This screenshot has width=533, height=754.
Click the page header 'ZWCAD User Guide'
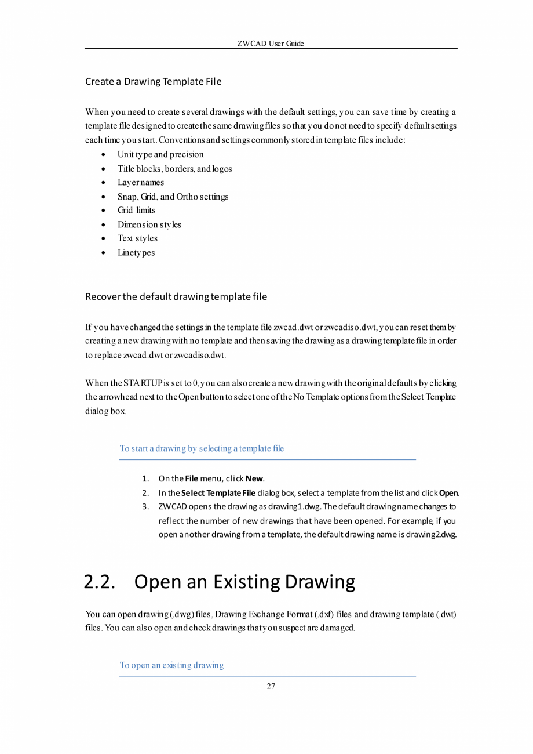tap(271, 43)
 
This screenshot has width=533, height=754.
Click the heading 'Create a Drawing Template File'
tap(153, 81)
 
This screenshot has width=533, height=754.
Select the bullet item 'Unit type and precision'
tap(160, 155)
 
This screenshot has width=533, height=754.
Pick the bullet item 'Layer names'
tap(140, 183)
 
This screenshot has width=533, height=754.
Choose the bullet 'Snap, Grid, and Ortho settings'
tap(173, 197)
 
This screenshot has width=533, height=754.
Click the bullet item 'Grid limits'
tap(136, 211)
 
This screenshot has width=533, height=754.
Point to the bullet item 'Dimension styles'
tap(149, 224)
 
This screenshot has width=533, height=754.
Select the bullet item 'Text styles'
tap(137, 238)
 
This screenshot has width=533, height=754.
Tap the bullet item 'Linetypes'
tap(136, 252)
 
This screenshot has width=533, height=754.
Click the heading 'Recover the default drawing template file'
tap(176, 297)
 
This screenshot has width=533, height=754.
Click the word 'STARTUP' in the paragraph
tap(143, 383)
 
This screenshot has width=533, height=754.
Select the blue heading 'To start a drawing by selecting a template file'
tap(202, 448)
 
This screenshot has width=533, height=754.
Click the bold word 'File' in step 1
tap(191, 479)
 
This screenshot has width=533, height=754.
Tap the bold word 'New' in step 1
tap(254, 479)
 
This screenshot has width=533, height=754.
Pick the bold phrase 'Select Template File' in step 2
tap(218, 493)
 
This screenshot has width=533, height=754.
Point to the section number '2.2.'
tap(100, 582)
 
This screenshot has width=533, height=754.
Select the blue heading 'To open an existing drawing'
tap(171, 665)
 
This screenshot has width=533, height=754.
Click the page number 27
tap(271, 687)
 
